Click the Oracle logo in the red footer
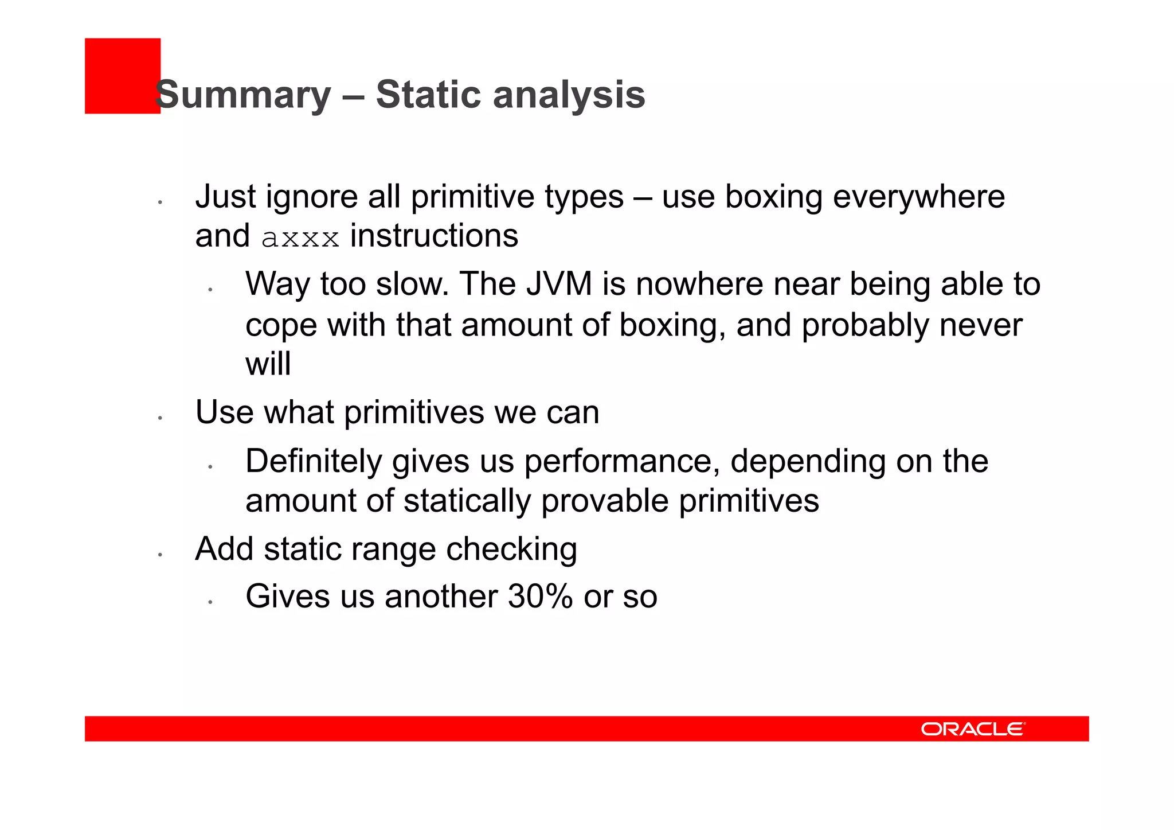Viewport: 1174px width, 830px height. tap(973, 728)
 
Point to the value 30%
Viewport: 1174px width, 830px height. tap(540, 596)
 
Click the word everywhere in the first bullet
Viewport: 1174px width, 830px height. tap(918, 196)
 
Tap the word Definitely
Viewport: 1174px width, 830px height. tap(314, 461)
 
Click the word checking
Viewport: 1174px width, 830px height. tap(511, 550)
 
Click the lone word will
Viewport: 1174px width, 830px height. tap(268, 364)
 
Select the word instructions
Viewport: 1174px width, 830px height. tap(434, 236)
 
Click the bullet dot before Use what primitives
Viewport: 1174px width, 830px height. tap(161, 418)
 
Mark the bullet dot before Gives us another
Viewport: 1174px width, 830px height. tap(210, 602)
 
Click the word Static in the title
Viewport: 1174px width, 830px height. tap(429, 95)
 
